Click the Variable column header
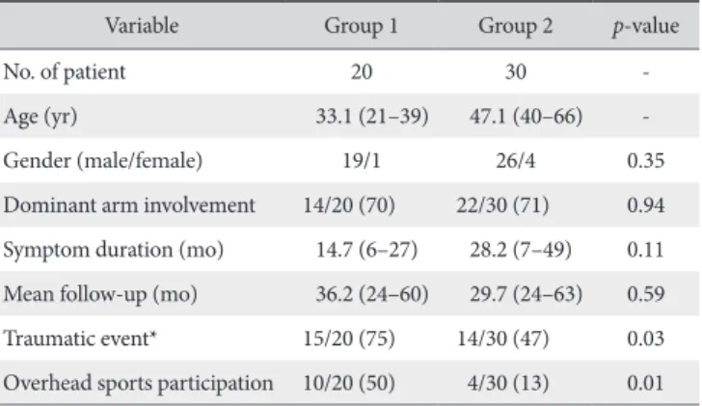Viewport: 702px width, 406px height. [142, 25]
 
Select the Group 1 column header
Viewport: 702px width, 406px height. [361, 25]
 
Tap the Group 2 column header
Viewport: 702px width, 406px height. [515, 25]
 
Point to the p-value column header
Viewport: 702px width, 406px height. [646, 26]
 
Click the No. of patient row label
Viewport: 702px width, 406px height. [65, 72]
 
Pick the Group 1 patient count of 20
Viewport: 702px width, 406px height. [362, 71]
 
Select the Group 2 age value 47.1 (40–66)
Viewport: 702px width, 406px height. [526, 117]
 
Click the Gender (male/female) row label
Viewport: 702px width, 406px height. [103, 161]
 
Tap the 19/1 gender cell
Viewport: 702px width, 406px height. [362, 161]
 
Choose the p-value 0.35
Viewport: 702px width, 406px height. [646, 161]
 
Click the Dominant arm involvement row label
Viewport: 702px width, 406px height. [129, 205]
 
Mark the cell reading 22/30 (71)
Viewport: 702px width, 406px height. [502, 205]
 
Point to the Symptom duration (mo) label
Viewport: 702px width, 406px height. [114, 250]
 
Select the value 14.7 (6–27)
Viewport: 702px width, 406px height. [366, 250]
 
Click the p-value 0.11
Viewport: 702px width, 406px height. [646, 250]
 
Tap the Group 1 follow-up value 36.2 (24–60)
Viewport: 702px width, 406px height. [372, 293]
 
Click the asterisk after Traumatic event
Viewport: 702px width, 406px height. [153, 333]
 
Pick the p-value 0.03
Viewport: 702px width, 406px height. [646, 338]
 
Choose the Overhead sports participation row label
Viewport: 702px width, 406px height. [138, 383]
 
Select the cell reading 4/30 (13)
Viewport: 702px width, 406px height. [508, 383]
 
